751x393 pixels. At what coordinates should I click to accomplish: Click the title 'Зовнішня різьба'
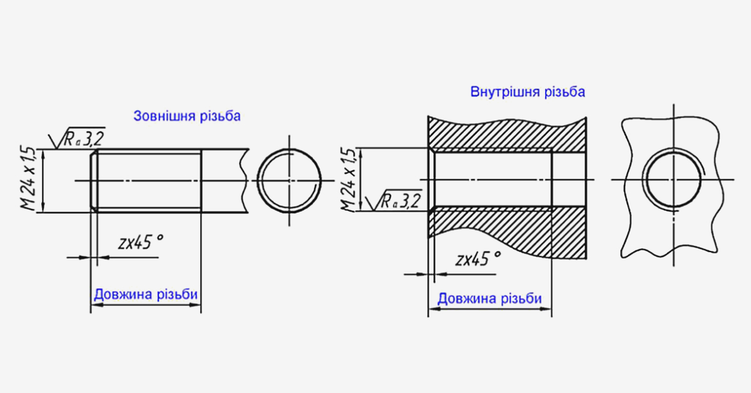coord(187,116)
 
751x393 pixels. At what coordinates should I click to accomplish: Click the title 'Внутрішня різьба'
coord(528,92)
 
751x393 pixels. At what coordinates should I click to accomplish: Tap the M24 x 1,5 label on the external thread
coord(28,178)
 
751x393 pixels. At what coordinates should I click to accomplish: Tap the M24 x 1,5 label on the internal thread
coord(348,179)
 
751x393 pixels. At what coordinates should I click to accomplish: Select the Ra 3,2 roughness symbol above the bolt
coord(77,138)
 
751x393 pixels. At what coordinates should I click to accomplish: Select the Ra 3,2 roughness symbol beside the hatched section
coord(394,200)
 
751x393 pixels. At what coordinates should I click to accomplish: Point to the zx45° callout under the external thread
coord(141,242)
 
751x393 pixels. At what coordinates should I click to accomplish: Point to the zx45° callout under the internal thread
coord(478,258)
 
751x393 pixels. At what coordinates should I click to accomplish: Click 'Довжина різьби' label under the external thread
coord(146,294)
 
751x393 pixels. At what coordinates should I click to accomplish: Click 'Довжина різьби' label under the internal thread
coord(489,299)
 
